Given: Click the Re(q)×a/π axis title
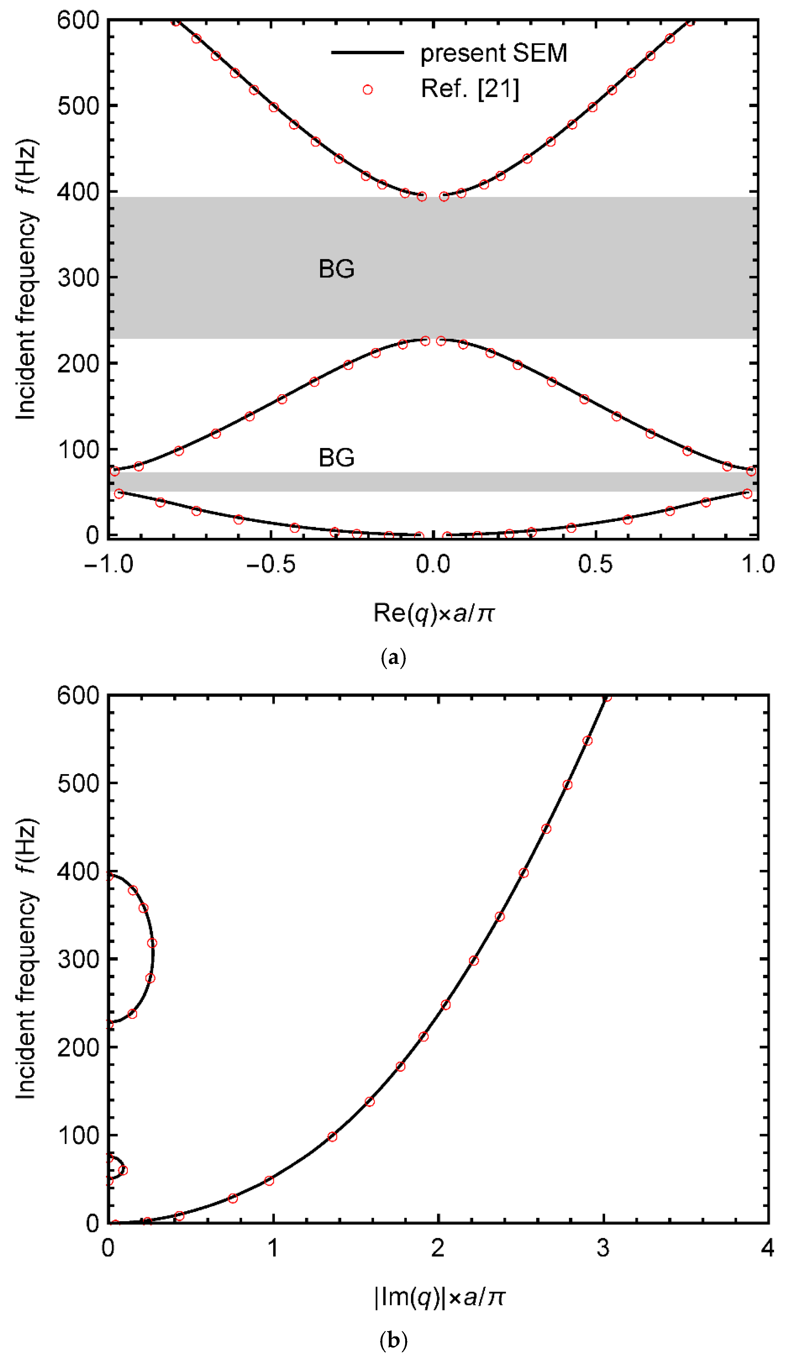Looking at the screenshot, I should (434, 613).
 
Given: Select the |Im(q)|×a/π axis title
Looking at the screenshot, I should (439, 1297).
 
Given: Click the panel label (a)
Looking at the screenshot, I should (393, 658).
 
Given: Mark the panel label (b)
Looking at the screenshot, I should (393, 1341).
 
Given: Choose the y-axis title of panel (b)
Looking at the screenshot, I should (26, 959).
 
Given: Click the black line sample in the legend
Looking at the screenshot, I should (367, 53).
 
